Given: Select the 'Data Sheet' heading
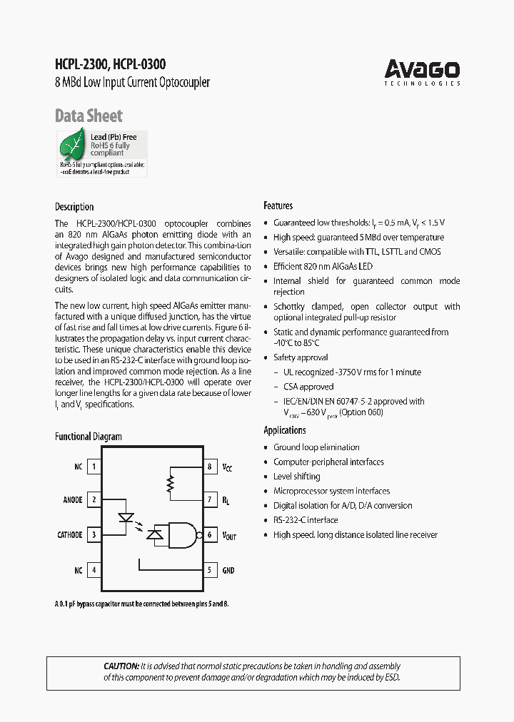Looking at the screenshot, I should click(89, 116).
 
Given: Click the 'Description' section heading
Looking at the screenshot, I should click(74, 207).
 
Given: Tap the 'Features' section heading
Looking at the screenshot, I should click(278, 205).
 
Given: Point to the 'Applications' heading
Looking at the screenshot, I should click(285, 430).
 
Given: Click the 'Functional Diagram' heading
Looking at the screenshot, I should click(89, 437).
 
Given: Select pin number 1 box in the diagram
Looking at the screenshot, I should click(94, 467).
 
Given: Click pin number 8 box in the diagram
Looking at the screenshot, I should click(210, 467).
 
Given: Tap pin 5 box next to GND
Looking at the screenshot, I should click(210, 570).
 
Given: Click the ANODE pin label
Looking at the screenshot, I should click(73, 501).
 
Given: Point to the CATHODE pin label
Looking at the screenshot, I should click(70, 535).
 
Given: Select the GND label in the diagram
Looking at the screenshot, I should click(228, 571).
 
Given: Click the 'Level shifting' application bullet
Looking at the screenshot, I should click(296, 477).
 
